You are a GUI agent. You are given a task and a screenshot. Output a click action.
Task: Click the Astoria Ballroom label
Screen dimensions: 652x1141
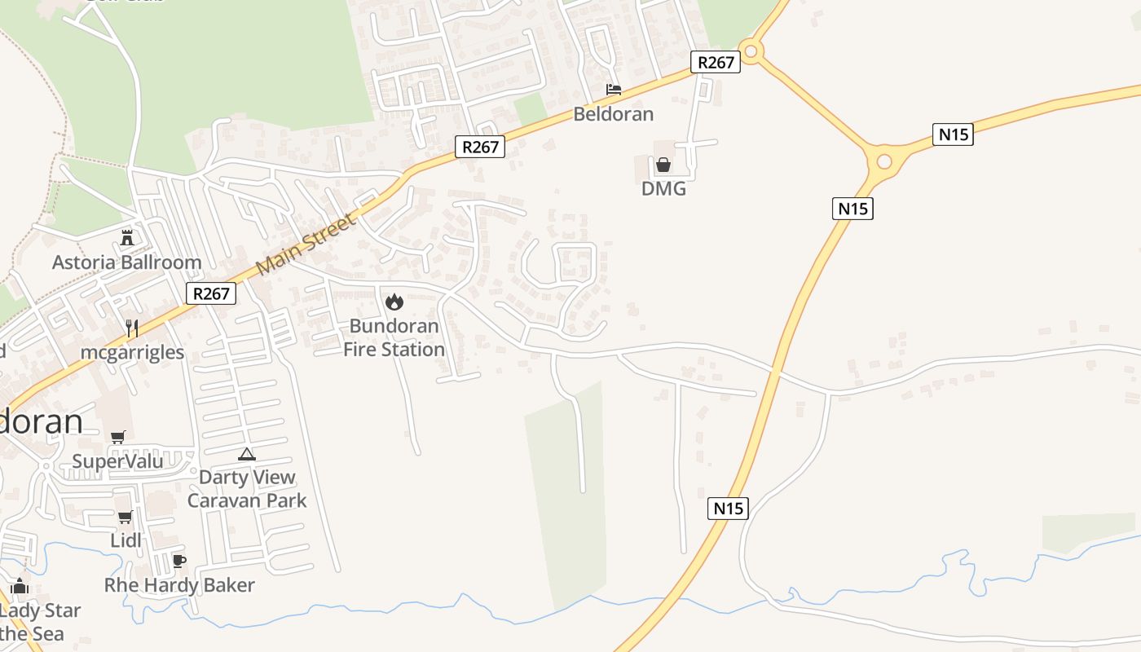[x=126, y=262]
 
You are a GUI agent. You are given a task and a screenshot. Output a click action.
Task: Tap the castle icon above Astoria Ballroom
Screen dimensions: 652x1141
[x=126, y=238]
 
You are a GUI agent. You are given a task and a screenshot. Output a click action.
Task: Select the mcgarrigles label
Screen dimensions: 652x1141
[x=132, y=352]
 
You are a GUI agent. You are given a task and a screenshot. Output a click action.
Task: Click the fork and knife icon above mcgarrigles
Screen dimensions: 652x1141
[x=132, y=328]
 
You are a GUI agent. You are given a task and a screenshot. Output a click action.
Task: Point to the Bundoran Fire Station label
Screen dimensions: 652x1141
[x=394, y=337]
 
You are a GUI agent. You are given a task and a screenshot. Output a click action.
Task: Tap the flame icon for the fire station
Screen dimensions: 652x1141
[x=394, y=302]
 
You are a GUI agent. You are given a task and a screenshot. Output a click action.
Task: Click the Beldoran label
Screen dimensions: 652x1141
[x=613, y=114]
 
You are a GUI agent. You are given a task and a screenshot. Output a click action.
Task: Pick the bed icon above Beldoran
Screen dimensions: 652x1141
[x=613, y=89]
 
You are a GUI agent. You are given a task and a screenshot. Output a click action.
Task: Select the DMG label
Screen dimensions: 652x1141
[x=663, y=189]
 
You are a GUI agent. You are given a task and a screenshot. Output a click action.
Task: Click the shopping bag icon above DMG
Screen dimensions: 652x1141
[x=663, y=165]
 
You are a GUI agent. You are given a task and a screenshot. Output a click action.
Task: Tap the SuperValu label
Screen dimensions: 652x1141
[x=117, y=461]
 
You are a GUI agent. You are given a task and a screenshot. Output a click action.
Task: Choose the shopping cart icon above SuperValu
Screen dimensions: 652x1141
[x=117, y=438]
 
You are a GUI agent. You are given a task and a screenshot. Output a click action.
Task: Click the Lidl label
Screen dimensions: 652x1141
[x=126, y=540]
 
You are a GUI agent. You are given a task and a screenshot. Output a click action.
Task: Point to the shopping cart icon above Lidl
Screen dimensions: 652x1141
[x=125, y=517]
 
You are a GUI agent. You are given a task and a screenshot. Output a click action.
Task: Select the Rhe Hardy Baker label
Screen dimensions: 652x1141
[x=179, y=585]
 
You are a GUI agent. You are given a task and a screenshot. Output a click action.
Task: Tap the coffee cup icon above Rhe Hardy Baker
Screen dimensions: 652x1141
[x=179, y=561]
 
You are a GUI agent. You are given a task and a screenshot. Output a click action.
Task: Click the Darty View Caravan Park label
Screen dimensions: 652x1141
[x=247, y=488]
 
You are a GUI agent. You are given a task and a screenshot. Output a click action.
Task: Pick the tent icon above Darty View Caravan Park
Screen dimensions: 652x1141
[x=247, y=454]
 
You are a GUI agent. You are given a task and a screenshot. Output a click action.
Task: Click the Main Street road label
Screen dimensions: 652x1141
[x=306, y=244]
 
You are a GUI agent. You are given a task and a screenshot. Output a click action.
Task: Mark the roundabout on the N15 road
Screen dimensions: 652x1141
[x=884, y=161]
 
